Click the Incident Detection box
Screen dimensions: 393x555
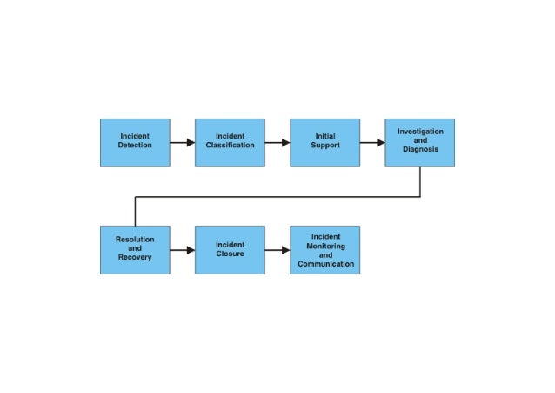click(x=135, y=142)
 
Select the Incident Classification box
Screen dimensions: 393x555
click(x=230, y=142)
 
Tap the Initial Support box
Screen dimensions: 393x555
click(x=324, y=142)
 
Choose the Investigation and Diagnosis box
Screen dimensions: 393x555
click(x=420, y=142)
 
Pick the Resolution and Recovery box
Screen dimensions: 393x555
click(x=135, y=250)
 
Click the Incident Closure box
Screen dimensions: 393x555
click(x=230, y=250)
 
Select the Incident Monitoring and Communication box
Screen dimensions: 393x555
click(x=324, y=250)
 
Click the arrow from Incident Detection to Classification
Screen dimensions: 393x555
click(x=183, y=142)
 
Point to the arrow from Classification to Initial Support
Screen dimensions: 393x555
click(x=277, y=142)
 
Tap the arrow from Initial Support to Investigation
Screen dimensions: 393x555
click(x=372, y=142)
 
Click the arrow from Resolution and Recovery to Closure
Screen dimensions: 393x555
click(x=183, y=250)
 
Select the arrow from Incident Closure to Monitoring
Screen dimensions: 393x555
click(x=277, y=250)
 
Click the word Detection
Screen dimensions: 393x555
click(x=135, y=146)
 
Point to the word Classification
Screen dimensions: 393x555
click(x=231, y=146)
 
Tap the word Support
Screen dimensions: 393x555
click(x=325, y=146)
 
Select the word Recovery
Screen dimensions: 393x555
click(x=135, y=258)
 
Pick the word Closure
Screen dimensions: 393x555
click(x=231, y=254)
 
